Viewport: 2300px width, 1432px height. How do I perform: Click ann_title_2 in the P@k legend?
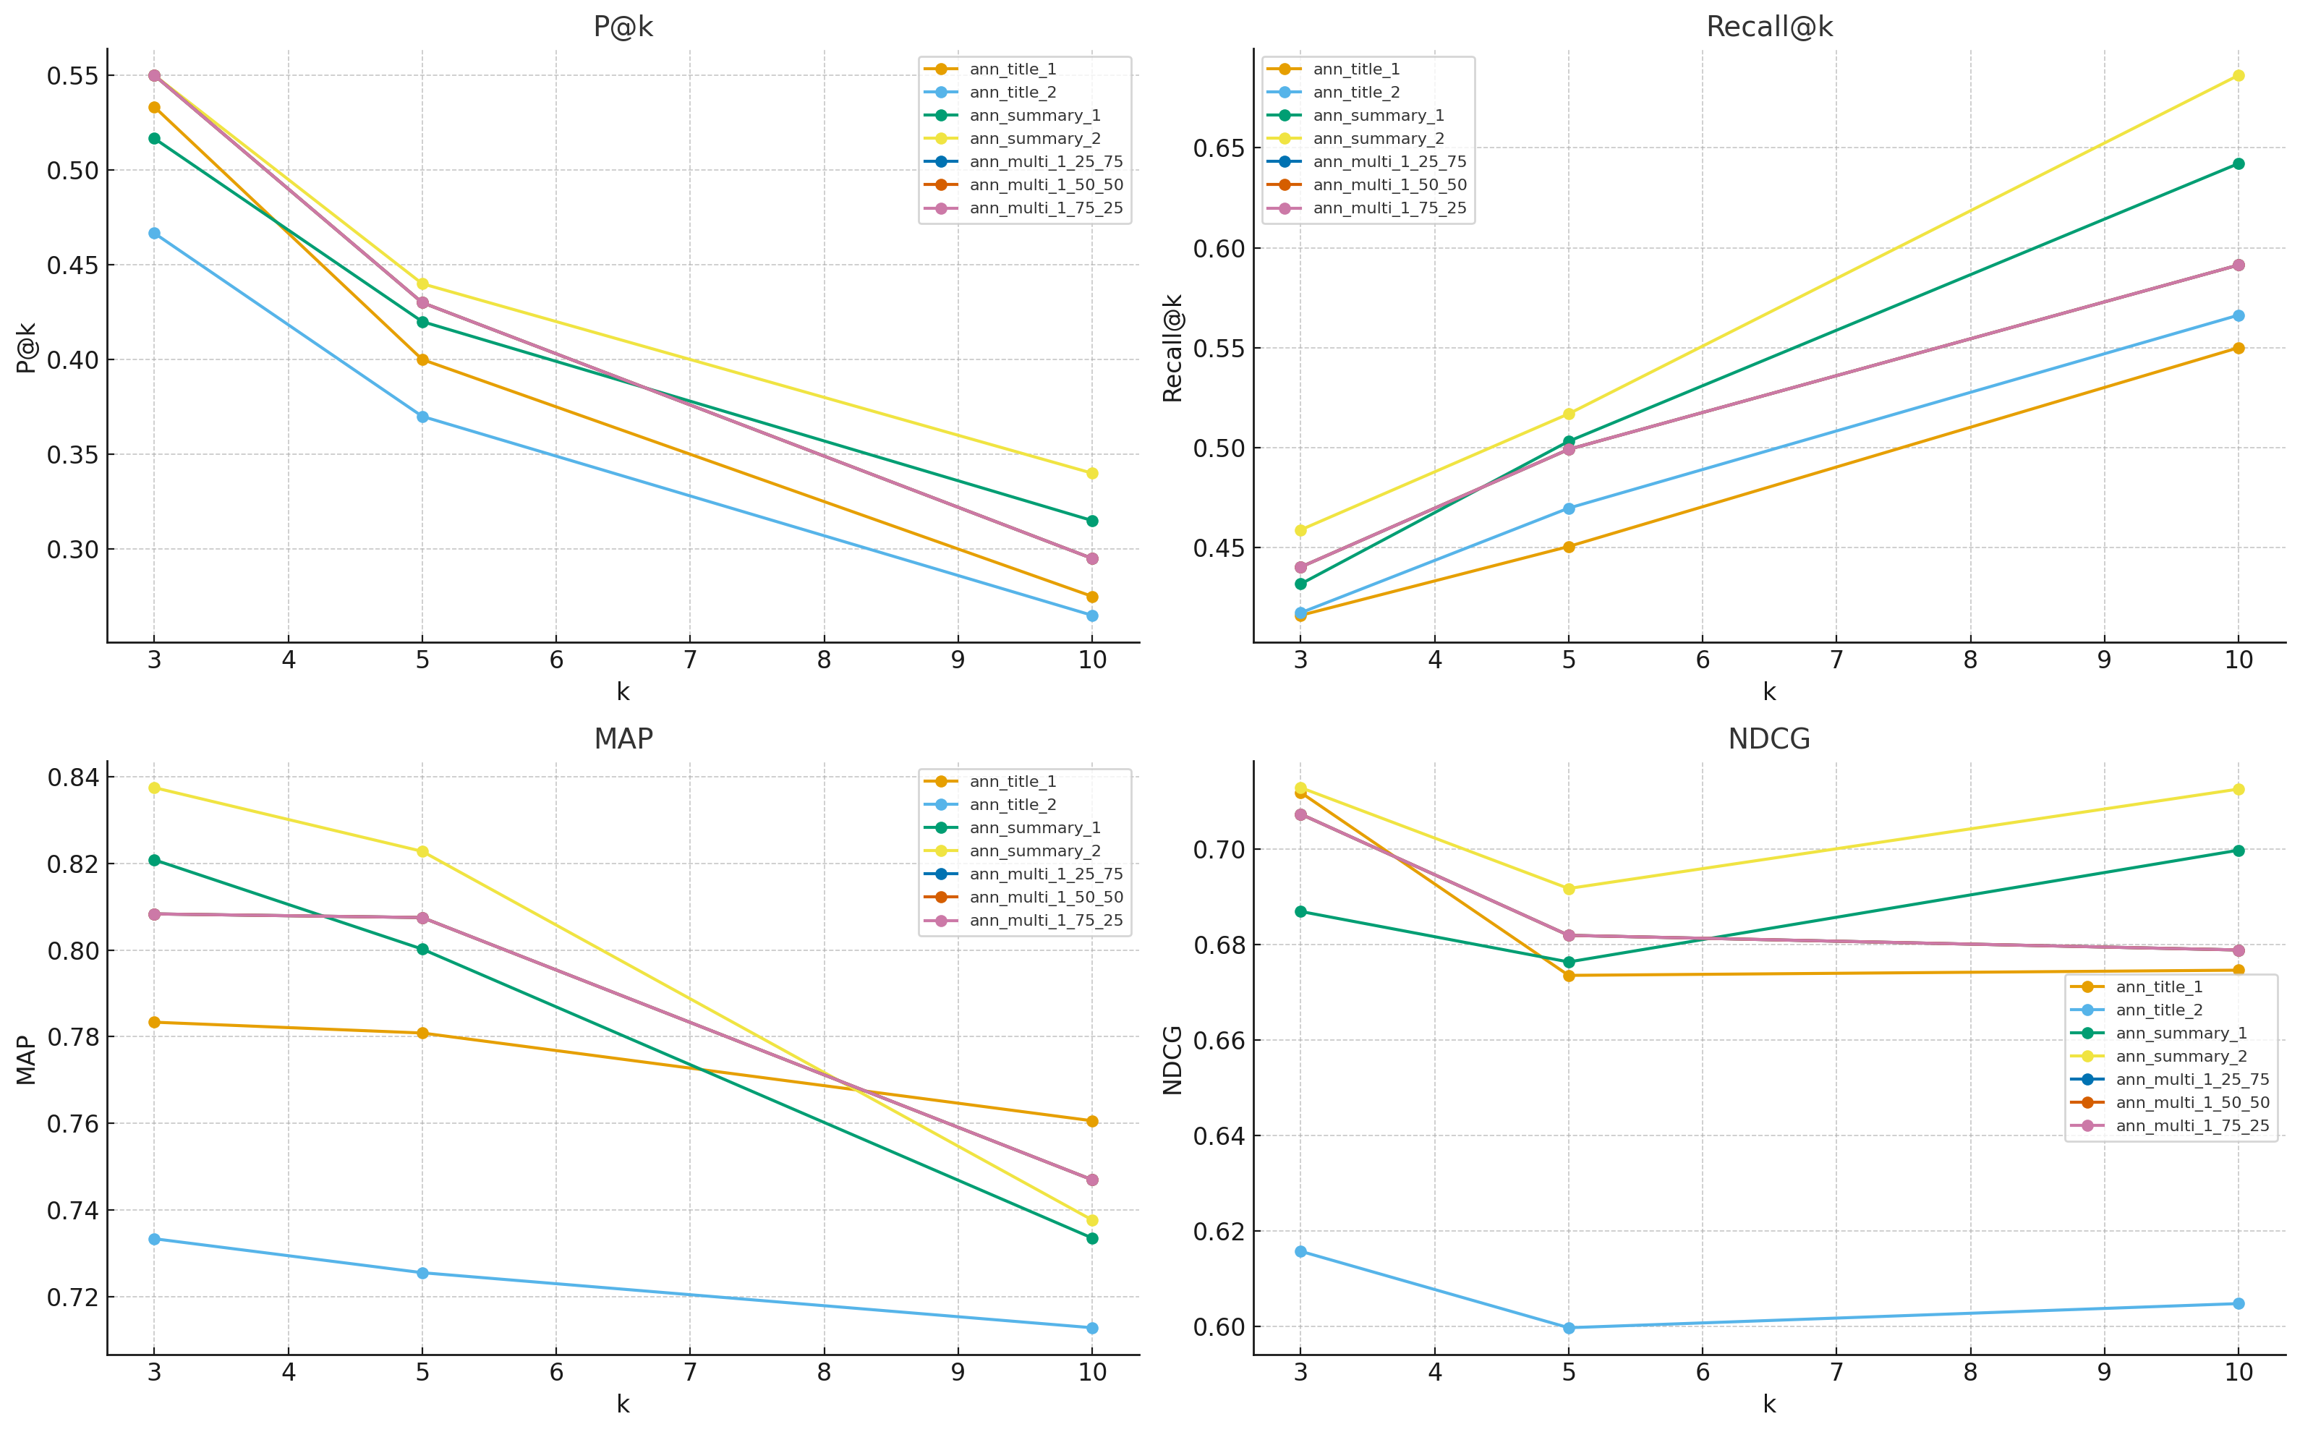[1013, 92]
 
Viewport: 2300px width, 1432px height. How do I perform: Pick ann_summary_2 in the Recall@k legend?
[1378, 138]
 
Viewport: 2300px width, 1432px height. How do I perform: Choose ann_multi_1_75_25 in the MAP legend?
[1045, 921]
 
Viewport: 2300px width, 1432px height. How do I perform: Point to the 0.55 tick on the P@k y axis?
[73, 76]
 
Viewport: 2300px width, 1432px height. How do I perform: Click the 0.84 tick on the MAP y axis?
[73, 777]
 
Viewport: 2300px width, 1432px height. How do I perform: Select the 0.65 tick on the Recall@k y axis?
[1219, 148]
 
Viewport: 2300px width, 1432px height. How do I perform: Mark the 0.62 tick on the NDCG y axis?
[1219, 1231]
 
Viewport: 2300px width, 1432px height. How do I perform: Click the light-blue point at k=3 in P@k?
[154, 233]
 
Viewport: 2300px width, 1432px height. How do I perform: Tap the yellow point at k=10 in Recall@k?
[2239, 76]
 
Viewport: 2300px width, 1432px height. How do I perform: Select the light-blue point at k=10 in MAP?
[1091, 1328]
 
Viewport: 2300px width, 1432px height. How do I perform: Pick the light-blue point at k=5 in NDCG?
[1568, 1328]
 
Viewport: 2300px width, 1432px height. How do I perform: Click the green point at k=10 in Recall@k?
[2239, 164]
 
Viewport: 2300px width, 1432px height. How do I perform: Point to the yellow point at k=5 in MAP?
[422, 851]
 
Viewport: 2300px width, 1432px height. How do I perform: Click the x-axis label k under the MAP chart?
[622, 1405]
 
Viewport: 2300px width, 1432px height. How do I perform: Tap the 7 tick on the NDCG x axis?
[1836, 1373]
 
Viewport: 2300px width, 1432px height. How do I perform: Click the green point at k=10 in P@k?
[1091, 521]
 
